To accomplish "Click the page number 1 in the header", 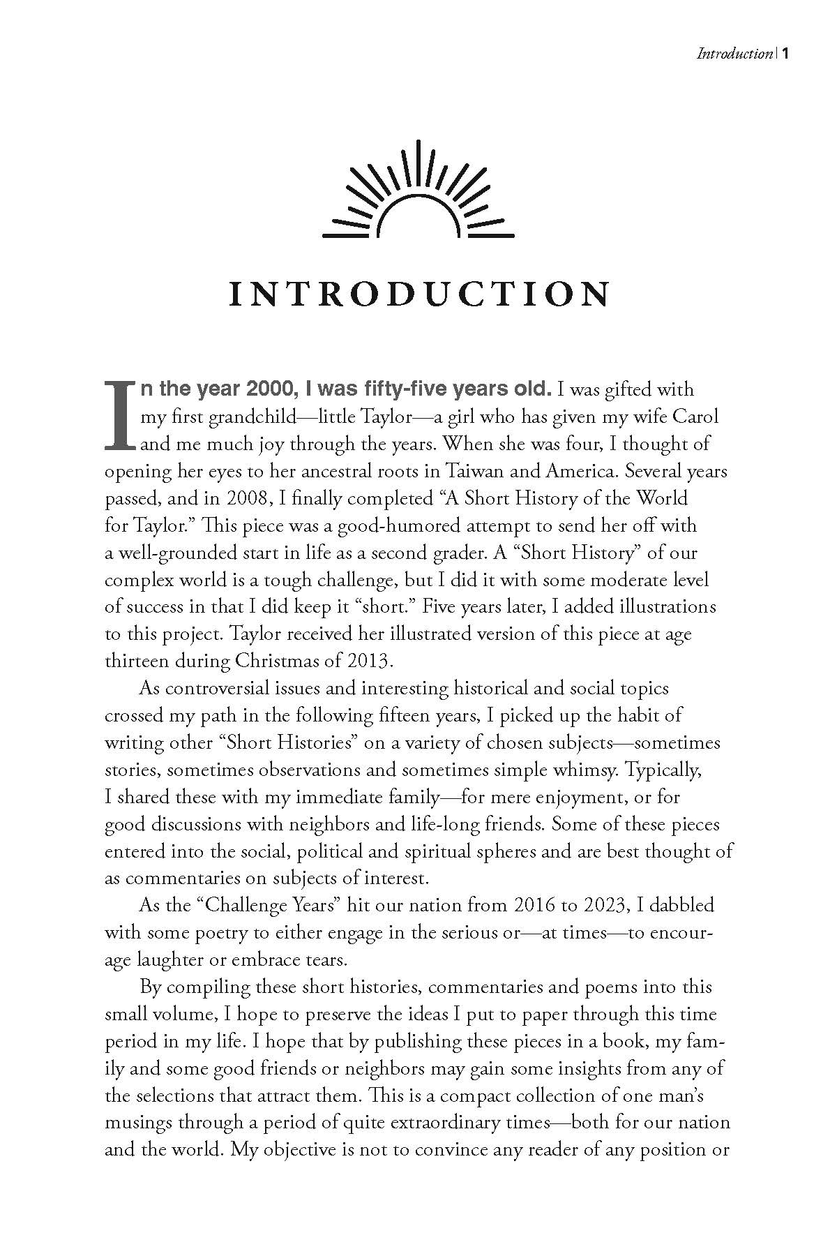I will click(785, 54).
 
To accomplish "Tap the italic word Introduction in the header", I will click(734, 54).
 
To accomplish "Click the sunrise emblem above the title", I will click(418, 190).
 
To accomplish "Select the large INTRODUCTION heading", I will click(418, 294).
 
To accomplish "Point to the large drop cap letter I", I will click(120, 416).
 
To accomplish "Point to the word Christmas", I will click(268, 660).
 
